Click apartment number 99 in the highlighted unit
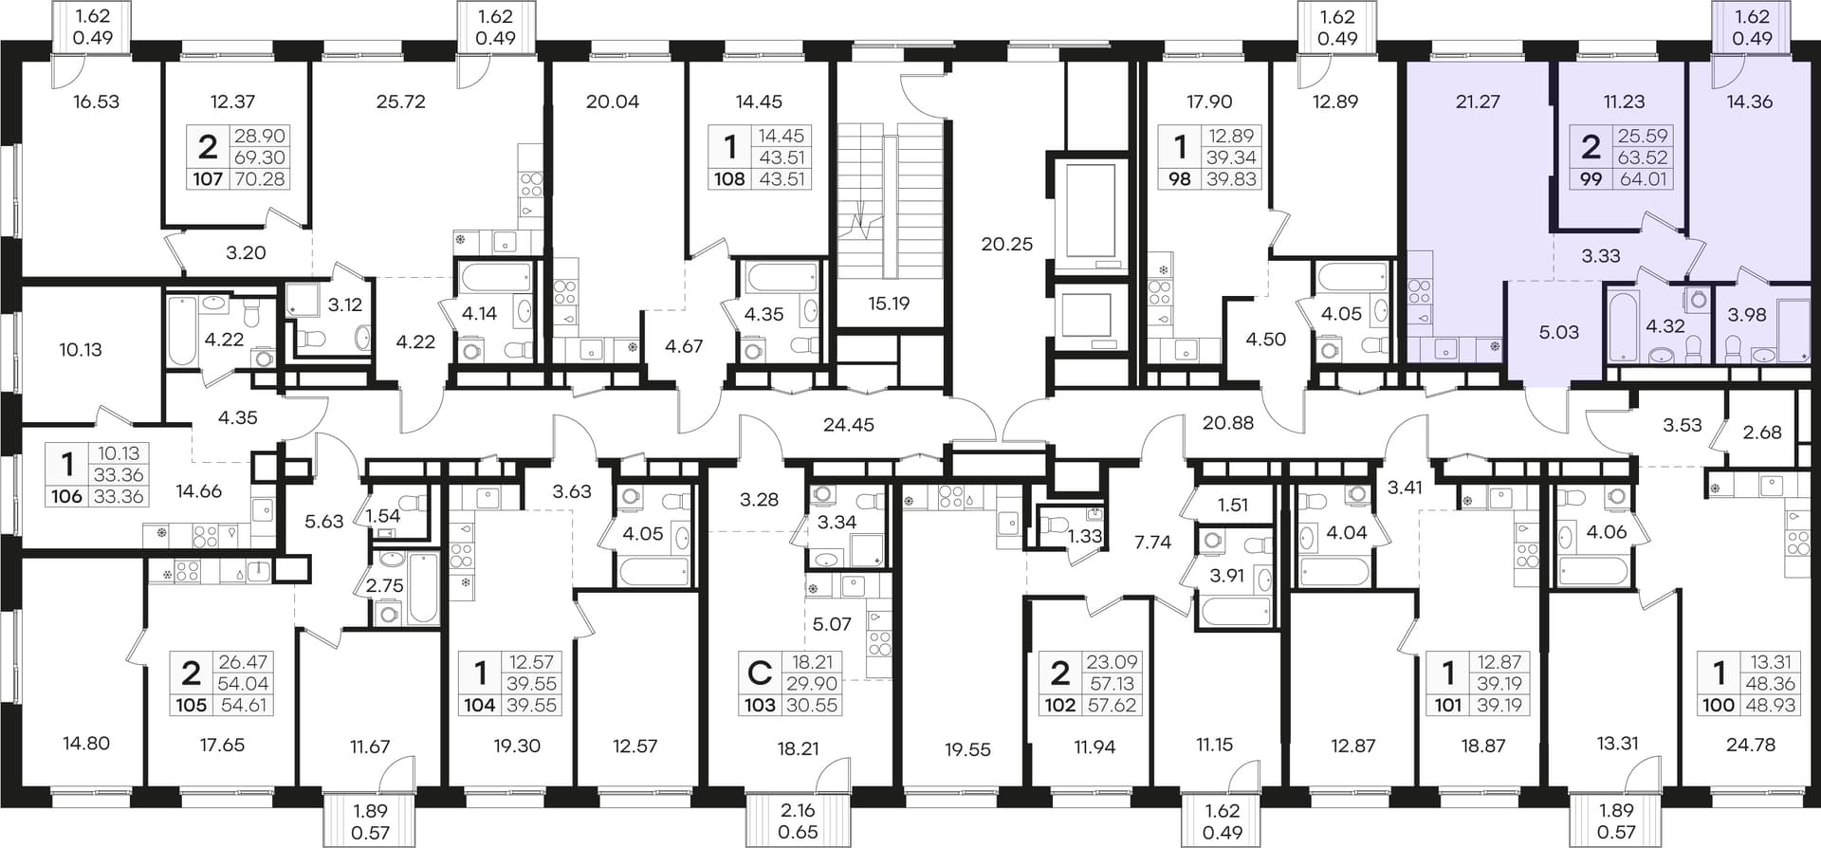pos(1591,178)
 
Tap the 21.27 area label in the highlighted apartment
pos(1478,101)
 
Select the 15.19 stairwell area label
pos(889,304)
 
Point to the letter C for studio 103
pos(759,673)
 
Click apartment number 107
pos(208,178)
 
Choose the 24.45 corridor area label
pos(849,425)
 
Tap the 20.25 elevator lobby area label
pos(1007,244)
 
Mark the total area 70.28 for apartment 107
pos(260,178)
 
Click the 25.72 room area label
pos(400,101)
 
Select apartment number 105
pos(191,705)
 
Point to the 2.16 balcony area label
pos(797,811)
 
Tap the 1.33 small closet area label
pos(1085,536)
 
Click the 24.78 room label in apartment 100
pos(1751,745)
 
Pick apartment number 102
pos(1059,705)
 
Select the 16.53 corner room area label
pos(96,101)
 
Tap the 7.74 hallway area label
pos(1153,543)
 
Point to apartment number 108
pos(729,178)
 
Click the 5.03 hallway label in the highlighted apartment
pos(1559,333)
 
